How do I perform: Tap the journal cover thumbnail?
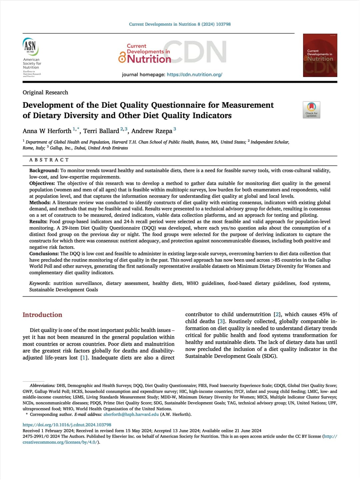click(x=320, y=55)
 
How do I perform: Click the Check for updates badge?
click(x=311, y=110)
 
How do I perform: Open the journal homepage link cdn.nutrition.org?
click(x=194, y=74)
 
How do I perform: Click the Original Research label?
click(x=45, y=92)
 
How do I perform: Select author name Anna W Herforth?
click(x=47, y=131)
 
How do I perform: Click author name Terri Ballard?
click(x=101, y=131)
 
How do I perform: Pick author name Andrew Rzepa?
click(x=152, y=131)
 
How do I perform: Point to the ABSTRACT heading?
click(x=49, y=160)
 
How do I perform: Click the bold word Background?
click(x=44, y=170)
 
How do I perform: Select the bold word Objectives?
click(x=42, y=183)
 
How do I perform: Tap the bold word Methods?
click(x=40, y=202)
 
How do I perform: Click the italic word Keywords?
click(x=39, y=283)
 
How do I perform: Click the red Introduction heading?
click(x=42, y=315)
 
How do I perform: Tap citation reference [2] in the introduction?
click(x=277, y=314)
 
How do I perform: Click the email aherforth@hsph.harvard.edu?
click(x=131, y=414)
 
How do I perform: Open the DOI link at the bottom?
click(x=67, y=425)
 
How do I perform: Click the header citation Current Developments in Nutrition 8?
click(x=180, y=24)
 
